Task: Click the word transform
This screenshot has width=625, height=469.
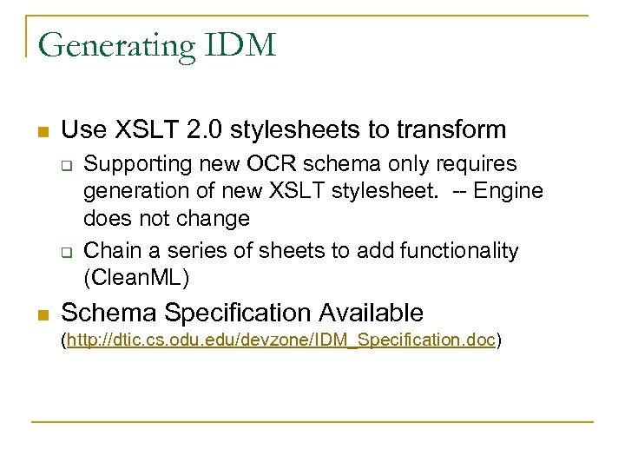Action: [451, 130]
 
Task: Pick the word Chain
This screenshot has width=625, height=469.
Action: [110, 251]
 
